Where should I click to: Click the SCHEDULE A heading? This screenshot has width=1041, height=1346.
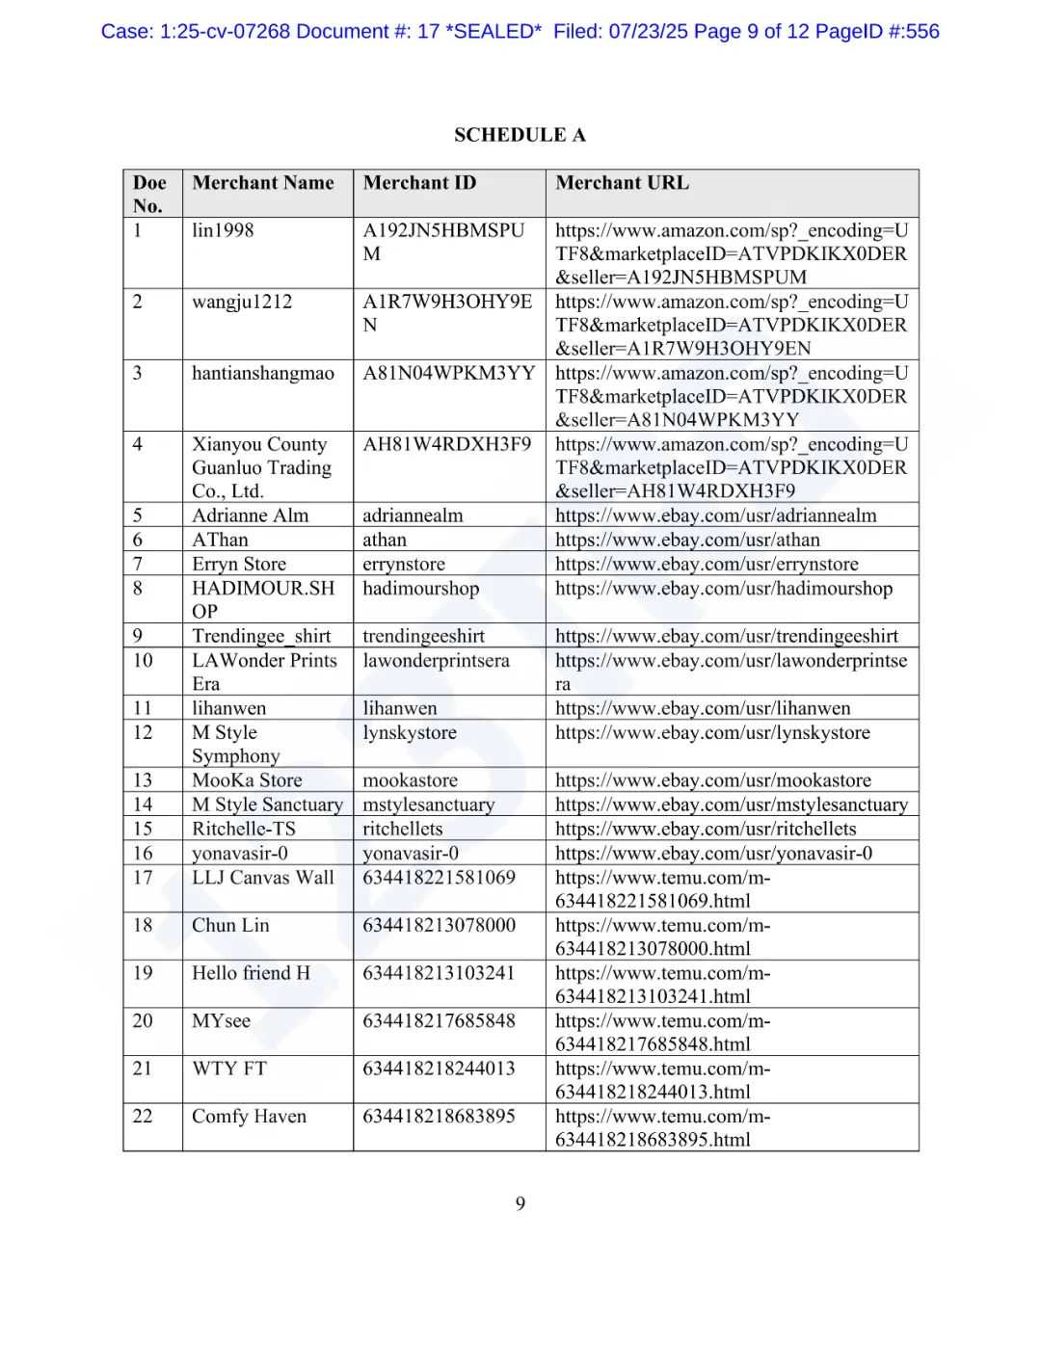point(520,135)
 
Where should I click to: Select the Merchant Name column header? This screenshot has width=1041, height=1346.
point(262,183)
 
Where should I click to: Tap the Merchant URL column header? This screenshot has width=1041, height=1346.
point(622,183)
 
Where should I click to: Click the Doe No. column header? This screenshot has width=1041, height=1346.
point(149,194)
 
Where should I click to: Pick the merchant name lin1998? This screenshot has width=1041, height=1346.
point(223,230)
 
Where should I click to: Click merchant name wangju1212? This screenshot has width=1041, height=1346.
point(241,302)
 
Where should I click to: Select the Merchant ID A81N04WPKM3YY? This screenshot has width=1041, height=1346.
point(448,373)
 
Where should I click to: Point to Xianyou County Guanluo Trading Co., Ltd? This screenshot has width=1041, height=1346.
point(261,467)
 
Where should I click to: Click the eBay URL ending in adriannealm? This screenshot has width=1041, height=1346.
point(715,515)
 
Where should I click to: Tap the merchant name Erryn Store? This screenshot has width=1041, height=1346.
point(239,564)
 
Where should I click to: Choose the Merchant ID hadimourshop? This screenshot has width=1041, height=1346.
point(420,588)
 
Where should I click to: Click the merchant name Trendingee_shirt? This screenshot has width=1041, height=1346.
point(261,636)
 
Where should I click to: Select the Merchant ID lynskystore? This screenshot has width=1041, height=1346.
point(410,732)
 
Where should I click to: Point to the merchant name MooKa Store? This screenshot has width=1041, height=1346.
point(247,780)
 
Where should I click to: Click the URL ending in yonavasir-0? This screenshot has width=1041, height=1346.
point(713,853)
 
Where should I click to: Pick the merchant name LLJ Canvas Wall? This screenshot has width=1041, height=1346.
point(262,877)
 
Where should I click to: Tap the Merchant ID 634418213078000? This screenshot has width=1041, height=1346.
point(439,925)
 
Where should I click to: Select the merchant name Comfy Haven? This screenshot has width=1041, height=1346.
point(249,1116)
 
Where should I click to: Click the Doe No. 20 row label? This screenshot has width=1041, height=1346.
point(143,1020)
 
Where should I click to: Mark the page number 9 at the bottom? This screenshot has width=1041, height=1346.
point(520,1203)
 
